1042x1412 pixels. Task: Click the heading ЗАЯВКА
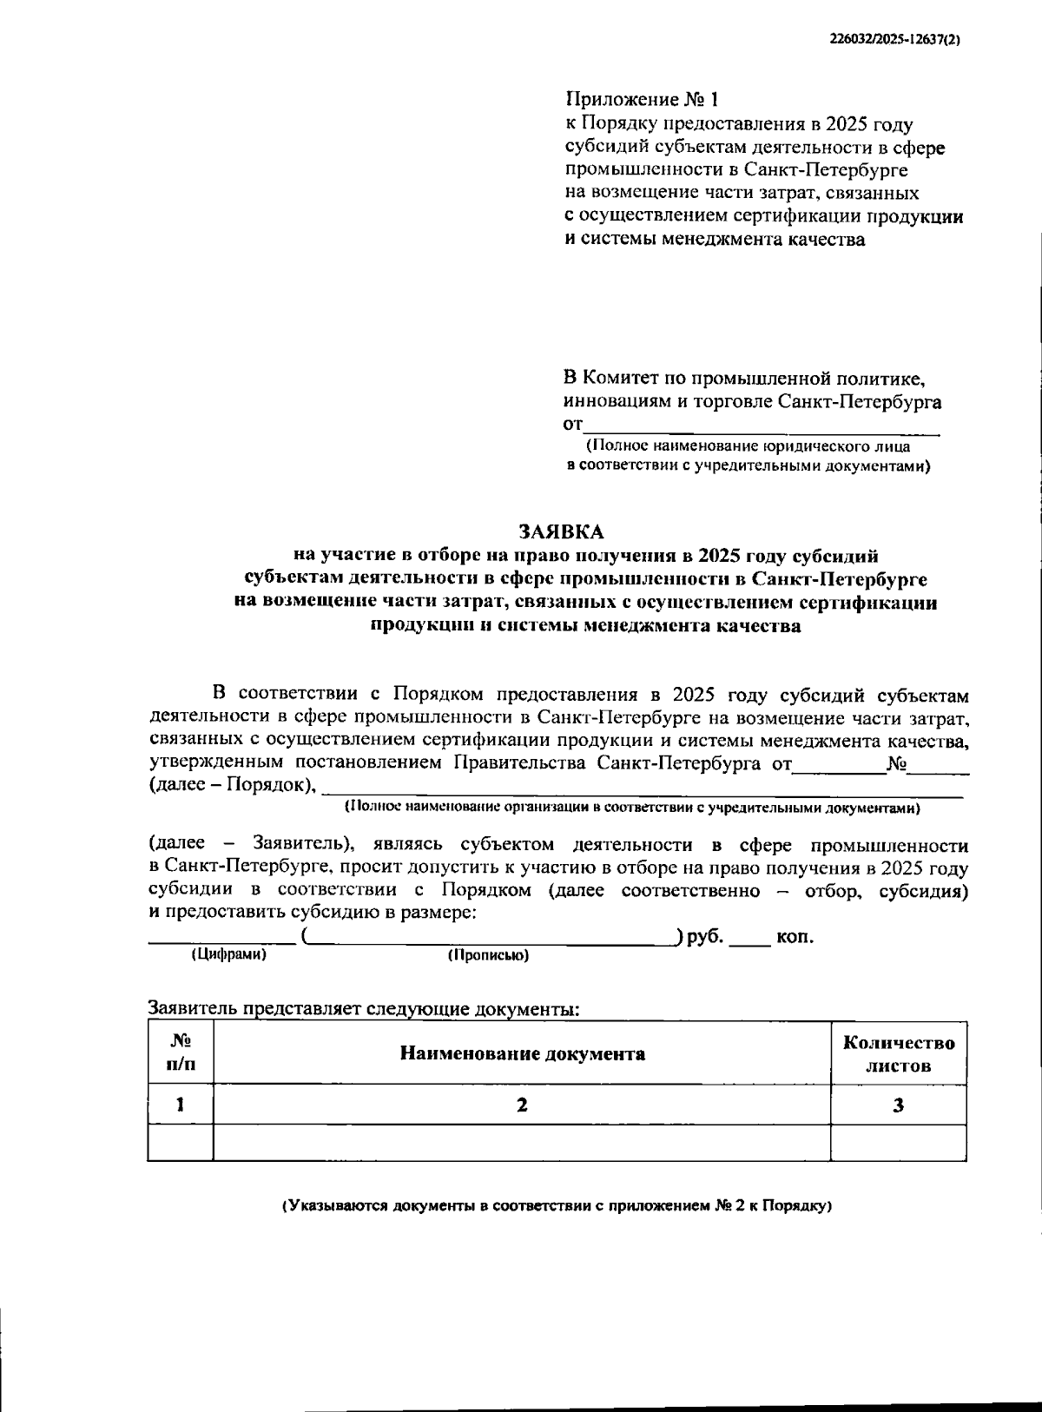click(560, 531)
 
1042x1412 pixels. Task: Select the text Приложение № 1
click(642, 100)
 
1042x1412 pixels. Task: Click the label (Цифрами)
click(228, 954)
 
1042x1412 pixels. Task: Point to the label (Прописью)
click(488, 955)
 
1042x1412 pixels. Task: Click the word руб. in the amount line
click(705, 937)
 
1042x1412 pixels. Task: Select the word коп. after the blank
click(795, 937)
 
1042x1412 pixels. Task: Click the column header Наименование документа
click(522, 1053)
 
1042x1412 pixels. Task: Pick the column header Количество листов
click(898, 1053)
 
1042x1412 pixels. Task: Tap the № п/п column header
click(180, 1052)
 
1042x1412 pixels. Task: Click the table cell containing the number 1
click(180, 1105)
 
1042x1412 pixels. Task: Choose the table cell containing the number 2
click(522, 1105)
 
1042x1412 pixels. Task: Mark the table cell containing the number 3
click(898, 1105)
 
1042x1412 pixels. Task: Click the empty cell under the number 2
click(522, 1143)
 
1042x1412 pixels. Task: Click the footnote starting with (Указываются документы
click(557, 1206)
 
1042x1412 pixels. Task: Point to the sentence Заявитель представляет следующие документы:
click(364, 1009)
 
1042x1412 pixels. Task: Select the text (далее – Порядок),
click(232, 785)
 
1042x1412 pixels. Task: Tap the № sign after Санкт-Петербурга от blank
click(896, 764)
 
